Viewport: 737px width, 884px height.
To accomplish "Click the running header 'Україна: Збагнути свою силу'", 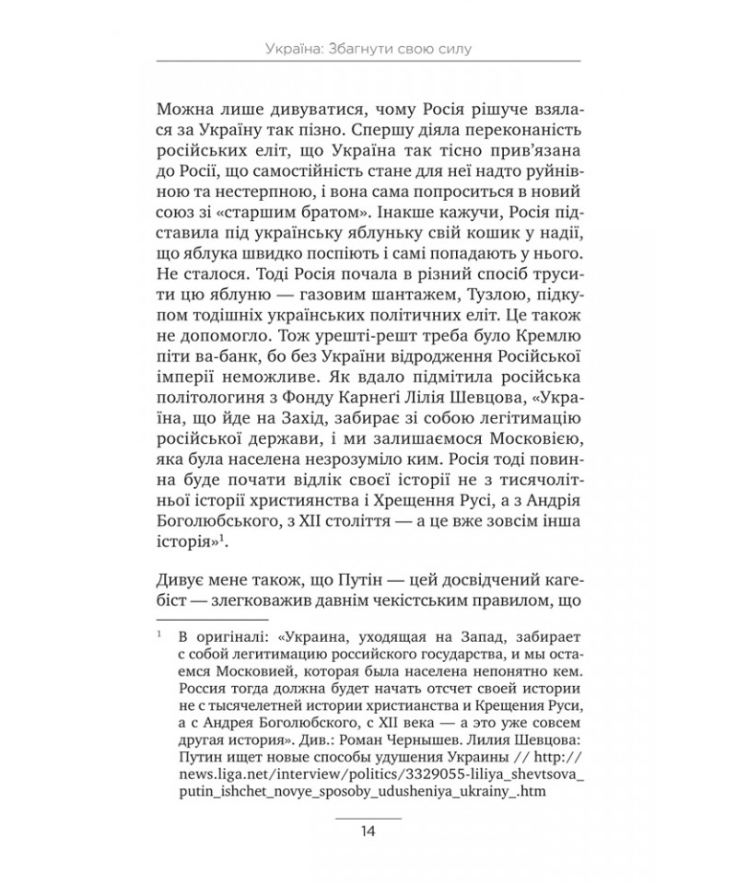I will [x=368, y=47].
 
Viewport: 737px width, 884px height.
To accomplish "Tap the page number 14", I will [x=368, y=832].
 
